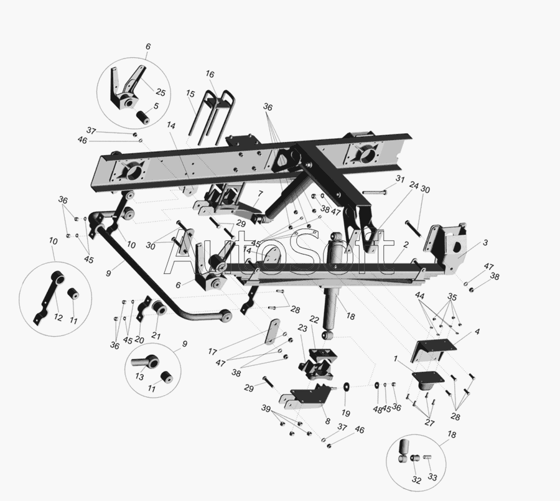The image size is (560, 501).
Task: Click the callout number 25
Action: coord(161,93)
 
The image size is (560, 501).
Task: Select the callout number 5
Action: coord(156,106)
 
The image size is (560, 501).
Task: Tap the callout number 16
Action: coord(210,74)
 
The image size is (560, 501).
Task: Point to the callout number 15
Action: coord(190,93)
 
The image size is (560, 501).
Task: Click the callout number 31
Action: coord(400,179)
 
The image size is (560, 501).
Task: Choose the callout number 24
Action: coord(414,185)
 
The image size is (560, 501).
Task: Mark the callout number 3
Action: coord(485,243)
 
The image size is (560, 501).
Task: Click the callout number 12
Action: coord(58,317)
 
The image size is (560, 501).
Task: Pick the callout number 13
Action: coord(139,377)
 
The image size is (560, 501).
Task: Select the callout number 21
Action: coord(156,336)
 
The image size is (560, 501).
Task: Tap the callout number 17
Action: coord(213,352)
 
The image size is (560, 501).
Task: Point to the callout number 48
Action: coord(378,410)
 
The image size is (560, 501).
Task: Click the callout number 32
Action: coord(416,480)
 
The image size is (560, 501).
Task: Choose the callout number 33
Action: coord(432,477)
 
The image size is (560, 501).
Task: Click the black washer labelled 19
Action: coord(346,386)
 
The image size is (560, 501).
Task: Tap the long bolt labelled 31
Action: coord(375,192)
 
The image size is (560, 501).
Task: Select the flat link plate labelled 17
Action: coord(273,332)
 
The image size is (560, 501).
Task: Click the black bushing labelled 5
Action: coord(142,118)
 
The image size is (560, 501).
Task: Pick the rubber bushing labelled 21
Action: coord(159,307)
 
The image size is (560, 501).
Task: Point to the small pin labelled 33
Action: coord(427,457)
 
